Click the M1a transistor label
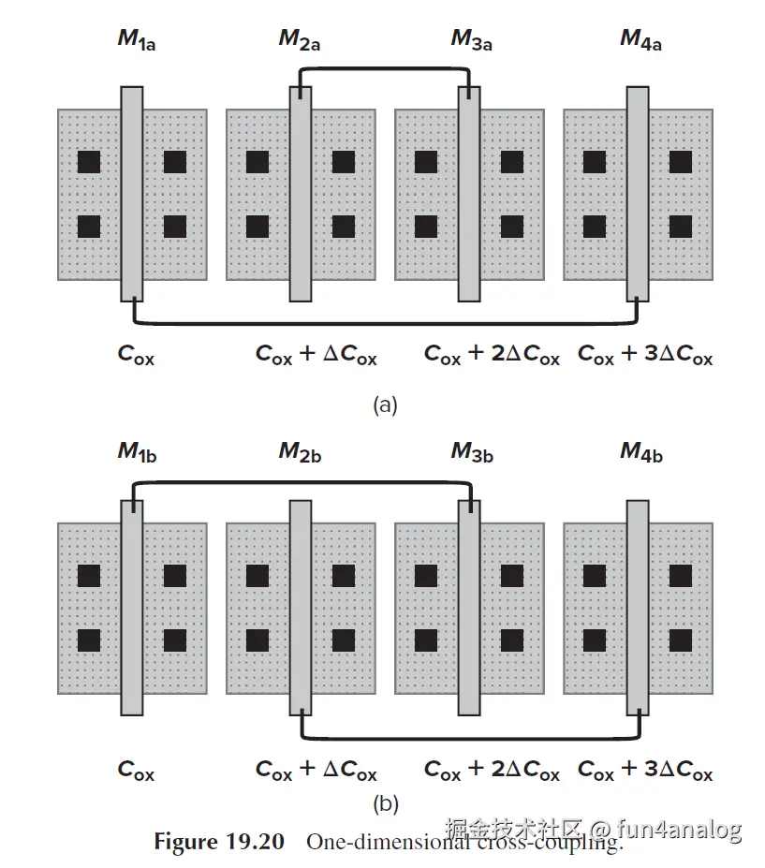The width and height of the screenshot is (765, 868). [136, 39]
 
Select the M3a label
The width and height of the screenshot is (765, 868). [471, 39]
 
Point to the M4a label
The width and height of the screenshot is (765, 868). [640, 39]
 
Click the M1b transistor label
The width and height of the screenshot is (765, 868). [136, 452]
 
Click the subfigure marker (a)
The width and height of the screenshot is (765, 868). [385, 405]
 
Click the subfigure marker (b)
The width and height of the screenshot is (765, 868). [385, 802]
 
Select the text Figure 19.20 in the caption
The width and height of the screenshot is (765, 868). [218, 841]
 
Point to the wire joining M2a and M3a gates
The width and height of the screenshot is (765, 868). [384, 68]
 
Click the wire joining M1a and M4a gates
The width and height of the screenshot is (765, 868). [384, 325]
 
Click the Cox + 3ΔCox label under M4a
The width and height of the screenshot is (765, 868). [644, 356]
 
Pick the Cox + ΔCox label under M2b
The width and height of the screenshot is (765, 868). [316, 771]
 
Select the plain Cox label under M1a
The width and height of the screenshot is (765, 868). [136, 356]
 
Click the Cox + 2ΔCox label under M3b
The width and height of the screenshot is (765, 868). [491, 771]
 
